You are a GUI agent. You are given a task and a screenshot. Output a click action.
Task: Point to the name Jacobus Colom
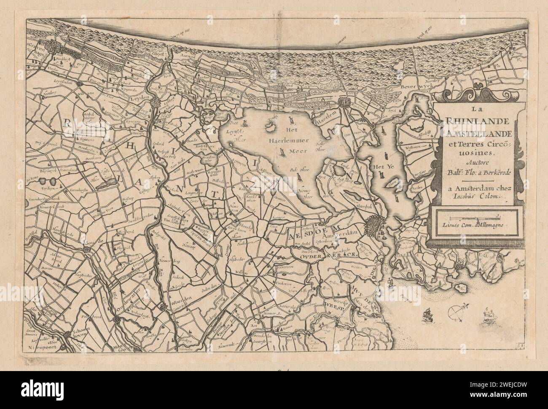pyautogui.click(x=473, y=196)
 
